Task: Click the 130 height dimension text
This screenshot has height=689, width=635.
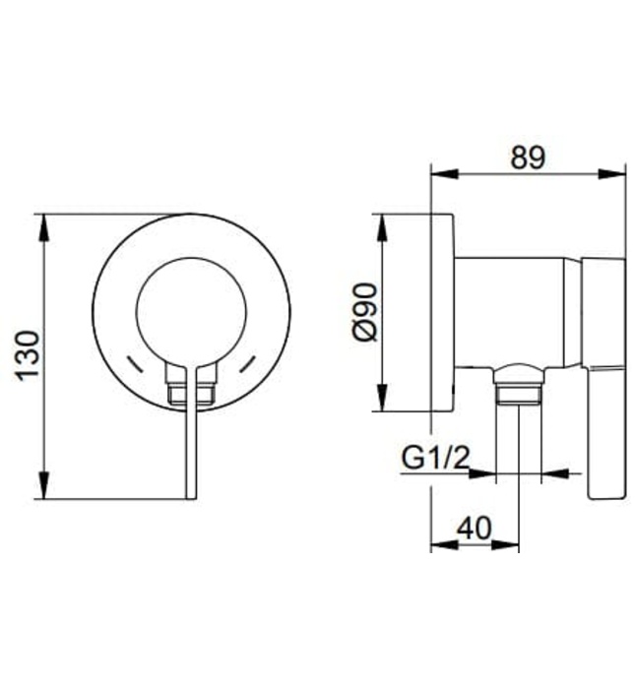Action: click(x=28, y=355)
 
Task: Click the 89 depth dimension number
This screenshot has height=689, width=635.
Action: click(x=528, y=157)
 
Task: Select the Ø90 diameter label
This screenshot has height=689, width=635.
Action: click(x=364, y=312)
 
